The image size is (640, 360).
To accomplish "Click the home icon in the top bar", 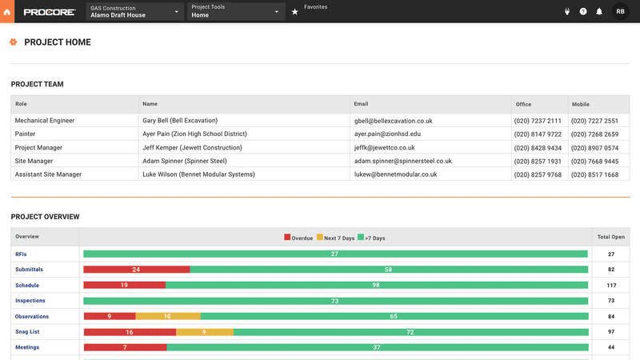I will (x=8, y=11).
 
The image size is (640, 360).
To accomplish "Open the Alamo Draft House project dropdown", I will (x=134, y=11).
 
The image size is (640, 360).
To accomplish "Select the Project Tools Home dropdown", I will (x=236, y=11).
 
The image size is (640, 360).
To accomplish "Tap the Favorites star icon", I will (x=294, y=12).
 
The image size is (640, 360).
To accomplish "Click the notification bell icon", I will (x=599, y=11).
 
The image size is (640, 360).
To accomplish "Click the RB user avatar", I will (x=621, y=11).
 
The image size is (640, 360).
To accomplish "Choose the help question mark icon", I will (x=583, y=11).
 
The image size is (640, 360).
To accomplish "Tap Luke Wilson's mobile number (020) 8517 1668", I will (x=594, y=174).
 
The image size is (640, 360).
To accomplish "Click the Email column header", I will (x=362, y=104).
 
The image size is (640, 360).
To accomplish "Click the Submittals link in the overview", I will (x=29, y=270).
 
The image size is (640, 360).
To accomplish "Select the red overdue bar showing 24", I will (x=136, y=270).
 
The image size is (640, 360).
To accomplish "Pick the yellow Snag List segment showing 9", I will (x=204, y=332).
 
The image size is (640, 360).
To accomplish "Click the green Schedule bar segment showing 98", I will (x=376, y=285).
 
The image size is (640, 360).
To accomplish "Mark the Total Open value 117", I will (x=611, y=286).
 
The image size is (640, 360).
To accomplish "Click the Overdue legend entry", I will (x=298, y=238).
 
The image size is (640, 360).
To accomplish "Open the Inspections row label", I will (x=30, y=301).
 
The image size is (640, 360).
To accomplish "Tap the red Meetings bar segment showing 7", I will (x=125, y=347).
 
